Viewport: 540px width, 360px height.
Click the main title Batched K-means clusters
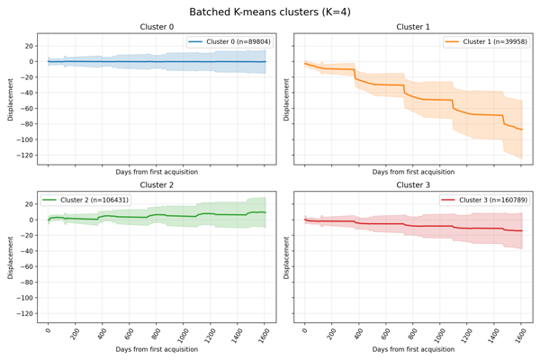coord(270,12)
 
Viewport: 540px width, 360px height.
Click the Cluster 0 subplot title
coord(157,27)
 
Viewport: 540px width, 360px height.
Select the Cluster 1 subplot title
coord(413,27)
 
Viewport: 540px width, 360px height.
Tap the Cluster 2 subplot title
coord(157,184)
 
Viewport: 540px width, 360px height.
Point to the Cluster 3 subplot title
coord(413,184)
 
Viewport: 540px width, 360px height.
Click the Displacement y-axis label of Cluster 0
coord(11,98)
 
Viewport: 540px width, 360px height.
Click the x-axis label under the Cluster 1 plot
coord(413,171)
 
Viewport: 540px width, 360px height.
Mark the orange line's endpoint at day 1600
coord(521,130)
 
